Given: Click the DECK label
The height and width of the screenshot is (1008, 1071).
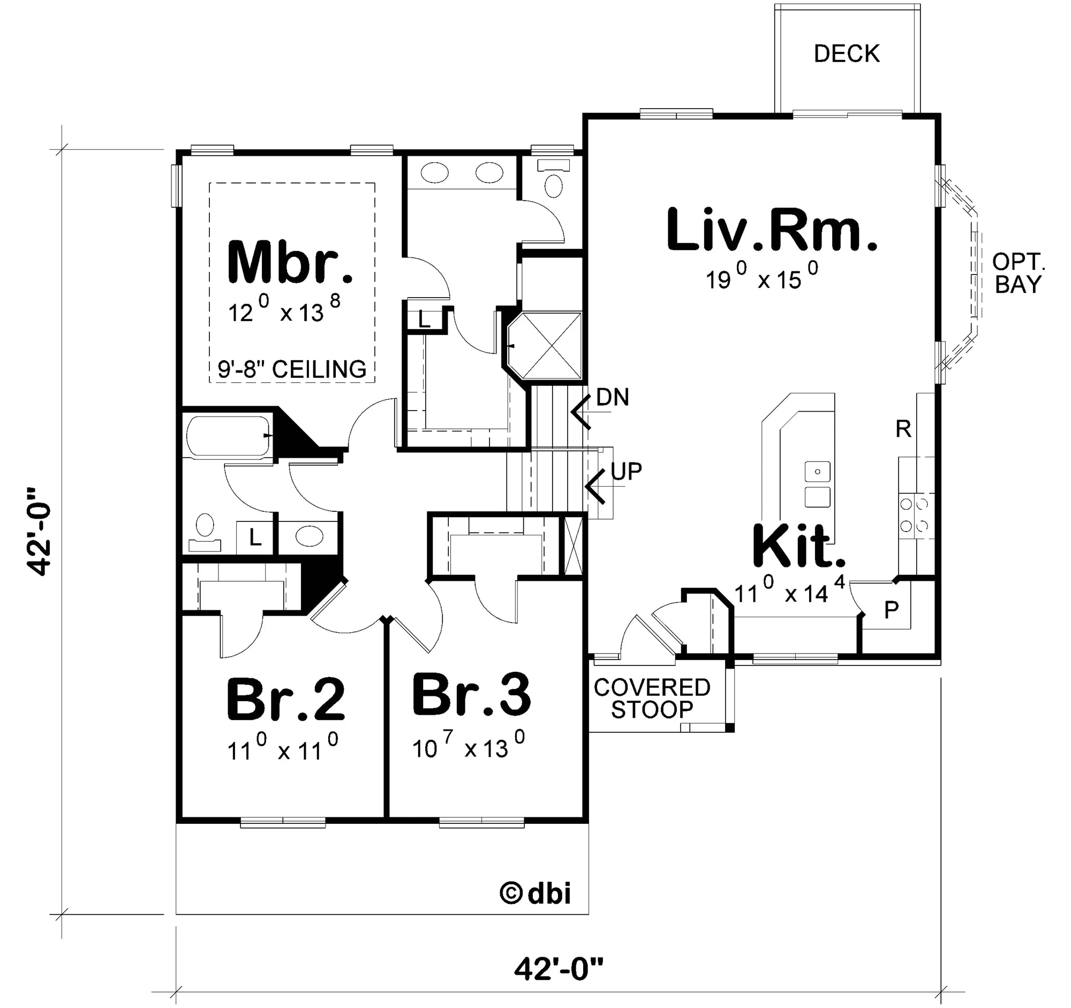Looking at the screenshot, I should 846,54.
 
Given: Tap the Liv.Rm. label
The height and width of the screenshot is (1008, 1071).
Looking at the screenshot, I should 772,230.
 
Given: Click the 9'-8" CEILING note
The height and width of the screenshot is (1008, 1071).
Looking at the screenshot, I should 291,369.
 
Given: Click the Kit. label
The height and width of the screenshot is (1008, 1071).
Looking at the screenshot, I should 798,547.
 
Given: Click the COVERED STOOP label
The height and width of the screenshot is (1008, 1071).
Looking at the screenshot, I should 652,699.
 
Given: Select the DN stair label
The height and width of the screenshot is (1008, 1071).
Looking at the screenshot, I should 613,397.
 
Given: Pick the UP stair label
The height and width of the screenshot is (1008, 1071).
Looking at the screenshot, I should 627,471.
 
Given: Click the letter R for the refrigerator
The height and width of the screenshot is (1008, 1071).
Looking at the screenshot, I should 903,429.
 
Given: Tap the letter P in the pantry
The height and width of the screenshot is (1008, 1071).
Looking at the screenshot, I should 892,610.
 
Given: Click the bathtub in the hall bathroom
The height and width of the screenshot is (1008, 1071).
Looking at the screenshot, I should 229,436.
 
